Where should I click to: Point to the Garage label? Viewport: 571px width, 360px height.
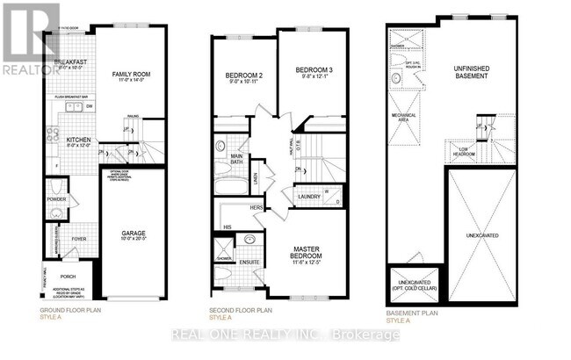point(134,234)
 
